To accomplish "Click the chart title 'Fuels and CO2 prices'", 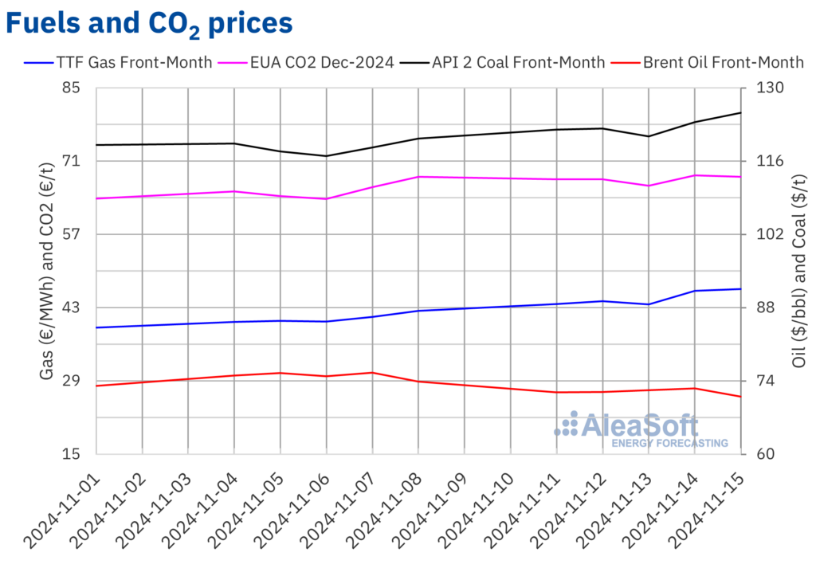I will click(x=149, y=23).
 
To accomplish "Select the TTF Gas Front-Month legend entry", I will click(x=120, y=62).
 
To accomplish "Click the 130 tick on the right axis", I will click(x=763, y=88).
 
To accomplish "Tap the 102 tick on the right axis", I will click(x=763, y=234).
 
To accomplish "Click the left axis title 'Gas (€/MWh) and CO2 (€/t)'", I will click(x=47, y=271).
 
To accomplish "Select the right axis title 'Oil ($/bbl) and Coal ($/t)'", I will click(x=798, y=271).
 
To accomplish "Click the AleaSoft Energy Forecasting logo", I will click(x=641, y=429).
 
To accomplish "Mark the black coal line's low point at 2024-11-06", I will click(x=326, y=156).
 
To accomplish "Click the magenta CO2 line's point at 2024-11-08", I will click(x=418, y=177).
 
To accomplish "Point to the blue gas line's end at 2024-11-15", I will click(x=741, y=289).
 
